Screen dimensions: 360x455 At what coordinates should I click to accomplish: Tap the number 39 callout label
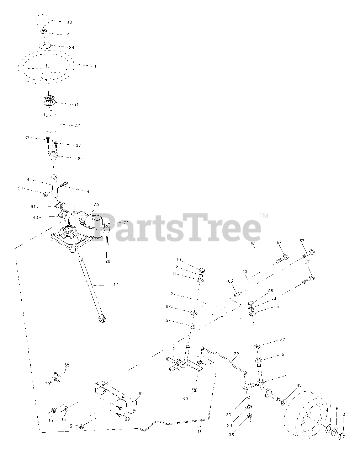click(71, 48)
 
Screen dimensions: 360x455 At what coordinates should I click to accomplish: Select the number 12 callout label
click(67, 35)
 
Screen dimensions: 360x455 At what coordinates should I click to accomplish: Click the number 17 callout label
click(116, 285)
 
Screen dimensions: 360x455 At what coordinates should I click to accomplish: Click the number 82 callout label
click(141, 394)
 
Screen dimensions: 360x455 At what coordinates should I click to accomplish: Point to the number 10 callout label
click(200, 431)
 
